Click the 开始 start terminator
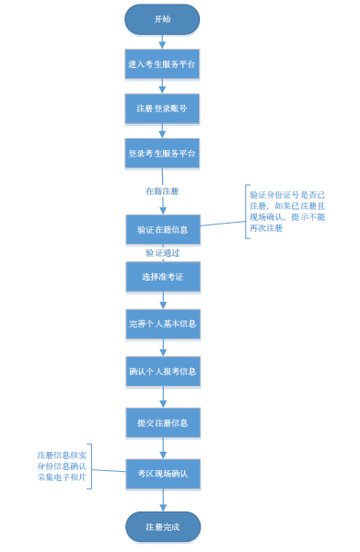[x=162, y=19]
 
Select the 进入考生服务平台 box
[x=162, y=65]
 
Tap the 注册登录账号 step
[x=162, y=109]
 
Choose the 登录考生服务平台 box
[x=162, y=153]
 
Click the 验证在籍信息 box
[x=162, y=229]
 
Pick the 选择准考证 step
[x=162, y=276]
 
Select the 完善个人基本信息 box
[x=162, y=324]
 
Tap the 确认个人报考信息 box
[x=162, y=372]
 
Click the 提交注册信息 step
[x=162, y=422]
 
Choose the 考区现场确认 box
[x=162, y=473]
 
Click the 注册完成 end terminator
[x=162, y=527]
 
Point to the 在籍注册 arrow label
[x=162, y=191]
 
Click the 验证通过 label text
[x=162, y=253]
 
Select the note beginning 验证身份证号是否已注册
[x=287, y=211]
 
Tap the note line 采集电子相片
[x=62, y=477]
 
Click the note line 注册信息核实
[x=62, y=455]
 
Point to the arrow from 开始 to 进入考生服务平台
[x=162, y=42]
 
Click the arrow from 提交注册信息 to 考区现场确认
[x=162, y=448]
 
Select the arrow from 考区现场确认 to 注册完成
[x=162, y=500]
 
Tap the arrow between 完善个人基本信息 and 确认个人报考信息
[x=162, y=348]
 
